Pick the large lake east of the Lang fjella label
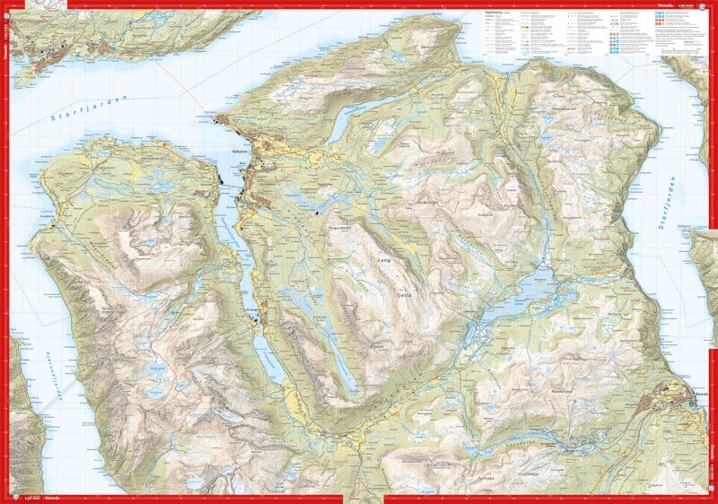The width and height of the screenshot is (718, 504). (x=530, y=301)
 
